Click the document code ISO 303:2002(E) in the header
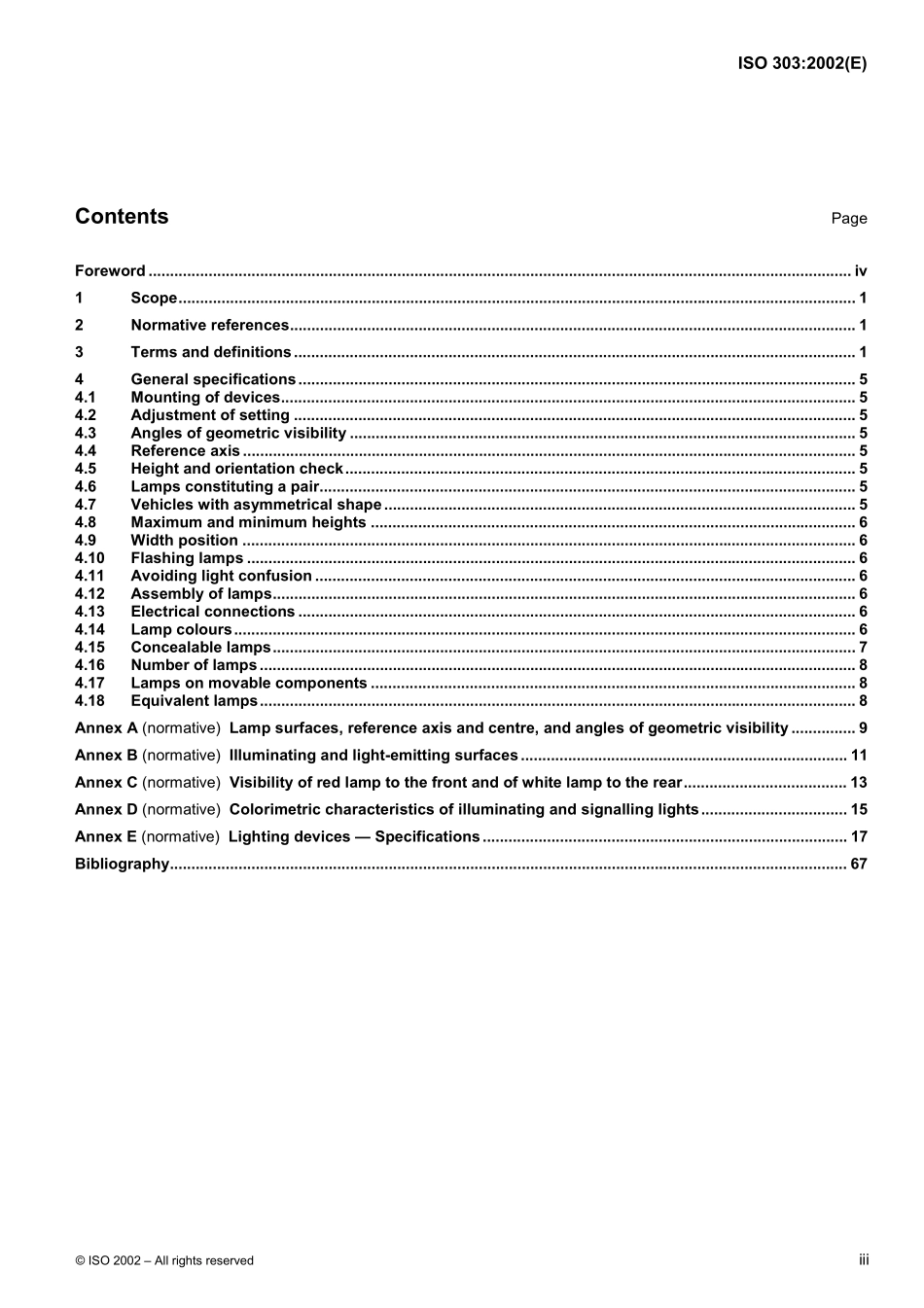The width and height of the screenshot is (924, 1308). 801,64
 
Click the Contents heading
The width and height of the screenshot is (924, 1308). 122,217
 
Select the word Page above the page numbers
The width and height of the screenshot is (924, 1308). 848,219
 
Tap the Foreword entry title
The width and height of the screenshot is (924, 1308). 110,271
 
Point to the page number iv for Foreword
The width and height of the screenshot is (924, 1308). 860,271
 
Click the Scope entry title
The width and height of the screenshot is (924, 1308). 154,299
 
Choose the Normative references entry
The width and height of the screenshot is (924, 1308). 210,326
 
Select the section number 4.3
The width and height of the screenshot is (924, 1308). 86,434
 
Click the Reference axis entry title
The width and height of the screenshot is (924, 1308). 185,451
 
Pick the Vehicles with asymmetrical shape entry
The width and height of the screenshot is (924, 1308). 256,505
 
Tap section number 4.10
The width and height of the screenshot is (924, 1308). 89,558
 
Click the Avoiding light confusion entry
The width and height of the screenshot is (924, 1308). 221,577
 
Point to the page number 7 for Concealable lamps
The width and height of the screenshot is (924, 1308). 863,648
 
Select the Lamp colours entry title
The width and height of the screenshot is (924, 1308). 181,630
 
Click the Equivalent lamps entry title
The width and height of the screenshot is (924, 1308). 194,701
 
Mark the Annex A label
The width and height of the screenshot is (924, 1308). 106,728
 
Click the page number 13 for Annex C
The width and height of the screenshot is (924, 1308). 858,783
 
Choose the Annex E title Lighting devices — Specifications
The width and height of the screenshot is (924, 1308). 354,837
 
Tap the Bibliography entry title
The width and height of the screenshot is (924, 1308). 122,865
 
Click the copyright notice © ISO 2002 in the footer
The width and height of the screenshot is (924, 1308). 163,1260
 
